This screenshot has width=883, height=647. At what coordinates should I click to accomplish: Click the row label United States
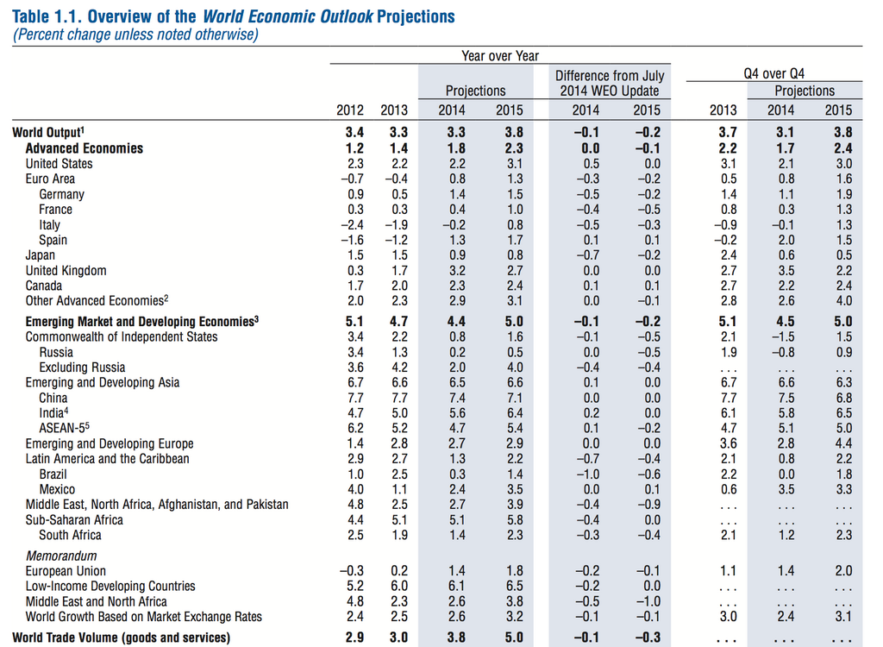(59, 163)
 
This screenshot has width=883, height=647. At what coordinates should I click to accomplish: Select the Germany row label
(61, 194)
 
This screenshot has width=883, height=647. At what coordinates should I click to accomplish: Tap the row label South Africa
(70, 535)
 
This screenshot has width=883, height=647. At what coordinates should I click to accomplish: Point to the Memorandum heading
(61, 556)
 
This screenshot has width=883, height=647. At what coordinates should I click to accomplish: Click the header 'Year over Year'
(500, 56)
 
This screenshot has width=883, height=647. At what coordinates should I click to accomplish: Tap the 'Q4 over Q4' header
(773, 74)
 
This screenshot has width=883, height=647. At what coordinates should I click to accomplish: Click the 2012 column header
(350, 110)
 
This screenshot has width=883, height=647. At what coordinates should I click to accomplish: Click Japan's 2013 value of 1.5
(394, 254)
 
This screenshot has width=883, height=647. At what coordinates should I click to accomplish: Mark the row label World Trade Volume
(122, 638)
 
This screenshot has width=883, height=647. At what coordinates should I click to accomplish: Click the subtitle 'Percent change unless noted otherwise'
(135, 35)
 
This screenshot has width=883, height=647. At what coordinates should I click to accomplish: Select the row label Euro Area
(50, 179)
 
